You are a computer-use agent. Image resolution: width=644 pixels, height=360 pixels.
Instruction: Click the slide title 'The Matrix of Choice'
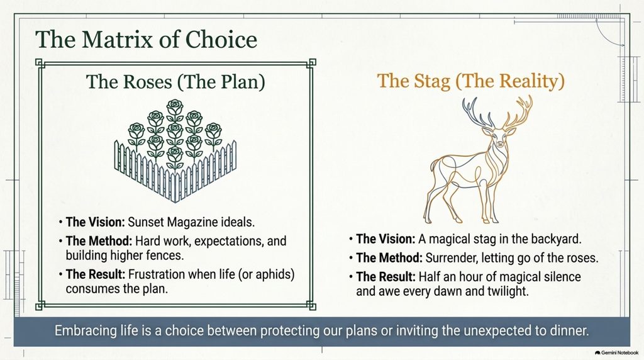pos(146,40)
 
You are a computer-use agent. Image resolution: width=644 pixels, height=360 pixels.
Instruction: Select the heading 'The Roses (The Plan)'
pos(175,82)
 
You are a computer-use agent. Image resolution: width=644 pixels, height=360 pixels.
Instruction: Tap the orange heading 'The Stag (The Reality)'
pos(470,81)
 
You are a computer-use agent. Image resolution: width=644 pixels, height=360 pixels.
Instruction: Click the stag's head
pos(498,137)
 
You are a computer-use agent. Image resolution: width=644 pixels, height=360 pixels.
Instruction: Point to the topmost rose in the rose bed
pos(175,107)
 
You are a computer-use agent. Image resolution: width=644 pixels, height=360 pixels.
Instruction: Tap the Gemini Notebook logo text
pos(619,352)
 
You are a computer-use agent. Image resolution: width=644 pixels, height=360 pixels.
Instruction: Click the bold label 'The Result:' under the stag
pos(386,276)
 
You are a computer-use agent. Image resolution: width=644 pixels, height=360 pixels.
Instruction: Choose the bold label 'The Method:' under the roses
pos(99,241)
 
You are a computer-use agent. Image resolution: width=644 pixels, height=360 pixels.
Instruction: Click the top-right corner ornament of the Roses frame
pos(311,63)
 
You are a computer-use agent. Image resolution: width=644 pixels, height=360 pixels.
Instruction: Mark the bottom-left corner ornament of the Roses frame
pos(40,305)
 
